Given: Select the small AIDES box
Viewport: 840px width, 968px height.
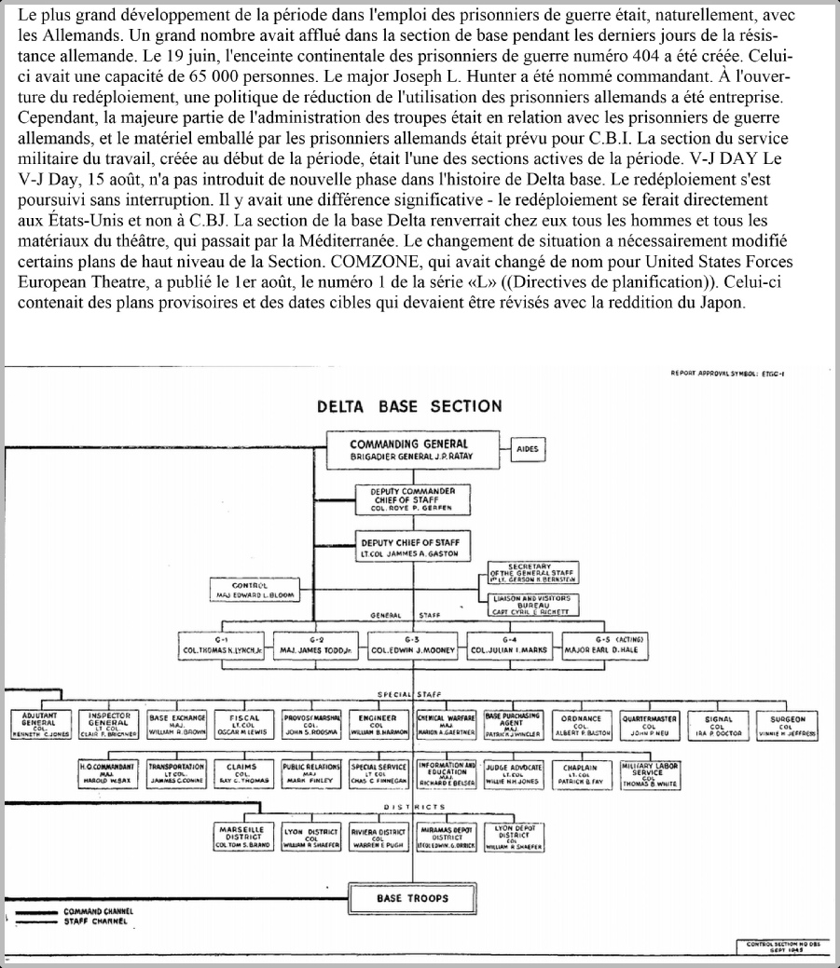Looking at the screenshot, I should tap(531, 449).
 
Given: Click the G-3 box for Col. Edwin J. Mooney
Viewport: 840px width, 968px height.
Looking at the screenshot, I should tap(413, 645).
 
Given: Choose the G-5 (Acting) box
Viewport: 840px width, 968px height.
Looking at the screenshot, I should tap(604, 645).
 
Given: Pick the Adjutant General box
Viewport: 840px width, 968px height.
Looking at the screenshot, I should tap(38, 724).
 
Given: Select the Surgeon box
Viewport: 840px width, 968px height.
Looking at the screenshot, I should tap(788, 724).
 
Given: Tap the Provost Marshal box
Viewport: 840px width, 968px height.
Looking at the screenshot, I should tap(310, 724).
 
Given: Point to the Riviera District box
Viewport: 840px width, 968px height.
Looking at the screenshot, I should tap(377, 836).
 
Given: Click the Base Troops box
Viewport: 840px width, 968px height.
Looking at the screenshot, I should tap(412, 898).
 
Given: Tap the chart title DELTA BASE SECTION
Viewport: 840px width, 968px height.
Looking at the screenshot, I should tap(409, 406).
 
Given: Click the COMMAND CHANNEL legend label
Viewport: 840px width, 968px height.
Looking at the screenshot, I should tap(97, 911).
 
